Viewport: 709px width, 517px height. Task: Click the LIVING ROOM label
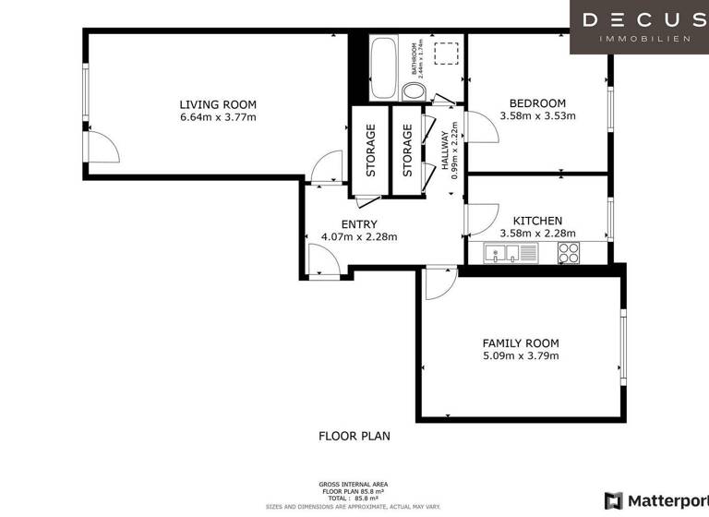pyautogui.click(x=218, y=104)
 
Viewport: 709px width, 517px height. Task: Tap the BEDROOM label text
pyautogui.click(x=537, y=103)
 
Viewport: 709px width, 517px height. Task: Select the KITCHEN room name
pyautogui.click(x=537, y=221)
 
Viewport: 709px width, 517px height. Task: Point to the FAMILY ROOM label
pyautogui.click(x=521, y=343)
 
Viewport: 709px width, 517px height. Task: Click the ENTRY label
pyautogui.click(x=358, y=224)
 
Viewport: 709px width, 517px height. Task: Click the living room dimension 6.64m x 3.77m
pyautogui.click(x=218, y=117)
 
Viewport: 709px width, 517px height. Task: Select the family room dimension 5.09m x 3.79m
pyautogui.click(x=521, y=356)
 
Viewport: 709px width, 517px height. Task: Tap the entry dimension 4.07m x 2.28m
pyautogui.click(x=358, y=237)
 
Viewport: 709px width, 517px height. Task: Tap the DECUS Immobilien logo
pyautogui.click(x=638, y=27)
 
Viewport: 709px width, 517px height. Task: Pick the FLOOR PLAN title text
pyautogui.click(x=354, y=436)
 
